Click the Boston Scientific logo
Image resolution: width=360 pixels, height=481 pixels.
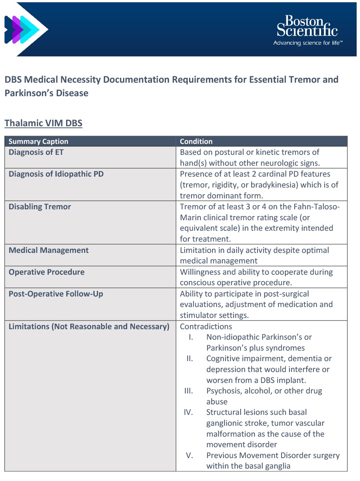click(x=307, y=26)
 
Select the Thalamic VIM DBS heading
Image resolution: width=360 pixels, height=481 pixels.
click(x=43, y=123)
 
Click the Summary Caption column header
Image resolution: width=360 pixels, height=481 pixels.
click(x=38, y=141)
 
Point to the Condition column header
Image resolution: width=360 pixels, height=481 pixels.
click(x=196, y=141)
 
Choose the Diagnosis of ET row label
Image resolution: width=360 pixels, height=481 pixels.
click(x=36, y=152)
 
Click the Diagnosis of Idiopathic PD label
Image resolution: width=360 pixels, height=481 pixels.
click(x=56, y=174)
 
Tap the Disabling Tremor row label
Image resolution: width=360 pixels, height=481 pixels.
click(x=40, y=207)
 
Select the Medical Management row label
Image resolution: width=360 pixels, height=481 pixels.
click(x=48, y=250)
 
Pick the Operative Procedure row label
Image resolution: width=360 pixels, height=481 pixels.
click(x=47, y=272)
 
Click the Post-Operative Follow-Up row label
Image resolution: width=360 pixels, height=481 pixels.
click(x=56, y=294)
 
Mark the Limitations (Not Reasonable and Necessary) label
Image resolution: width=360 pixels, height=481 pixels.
click(x=89, y=327)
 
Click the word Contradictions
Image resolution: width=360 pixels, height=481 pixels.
click(x=206, y=327)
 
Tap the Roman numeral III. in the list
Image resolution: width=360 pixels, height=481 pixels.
click(x=188, y=391)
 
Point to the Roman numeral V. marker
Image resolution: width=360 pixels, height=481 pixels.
click(x=190, y=455)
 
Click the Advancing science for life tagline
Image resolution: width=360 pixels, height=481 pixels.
click(x=308, y=43)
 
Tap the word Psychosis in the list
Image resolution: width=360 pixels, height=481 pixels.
click(x=223, y=391)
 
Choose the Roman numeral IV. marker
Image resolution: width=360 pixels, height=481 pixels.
click(x=188, y=412)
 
